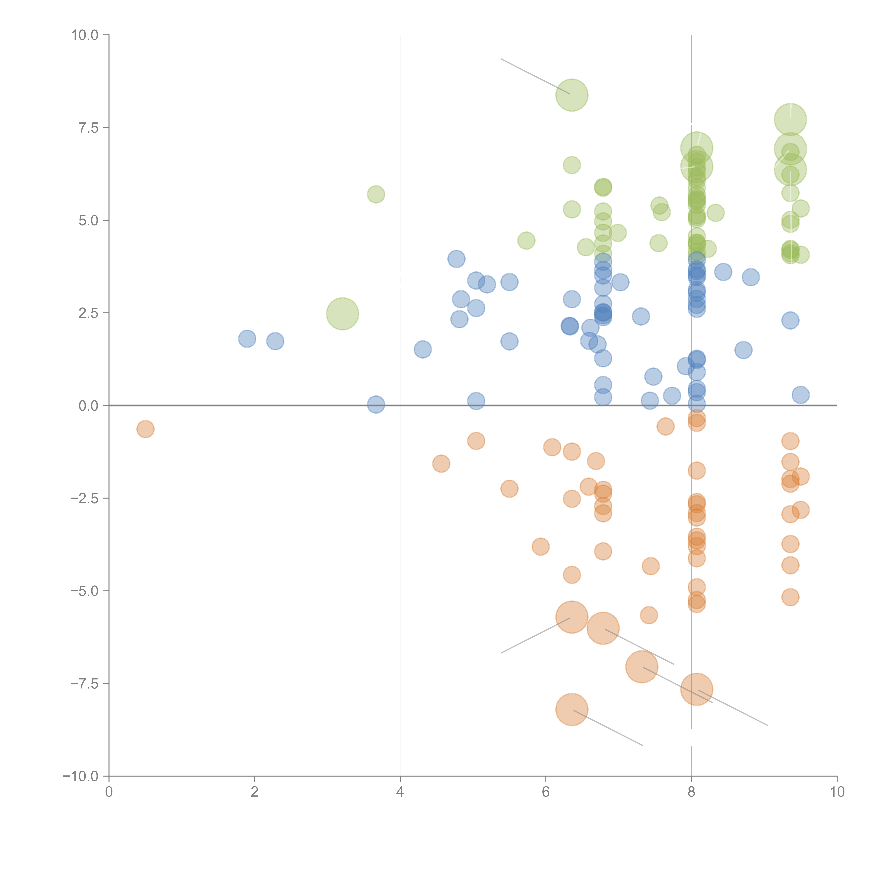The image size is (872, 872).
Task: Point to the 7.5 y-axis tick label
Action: (x=88, y=128)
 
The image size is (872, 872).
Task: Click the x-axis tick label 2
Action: (x=255, y=792)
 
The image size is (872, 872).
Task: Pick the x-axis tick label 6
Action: (x=546, y=792)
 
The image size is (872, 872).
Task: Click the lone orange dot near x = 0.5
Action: (x=145, y=429)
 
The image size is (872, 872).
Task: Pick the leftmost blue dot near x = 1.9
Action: (x=247, y=339)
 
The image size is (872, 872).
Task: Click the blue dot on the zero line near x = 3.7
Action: (x=376, y=404)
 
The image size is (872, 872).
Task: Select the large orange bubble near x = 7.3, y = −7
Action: (x=641, y=667)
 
